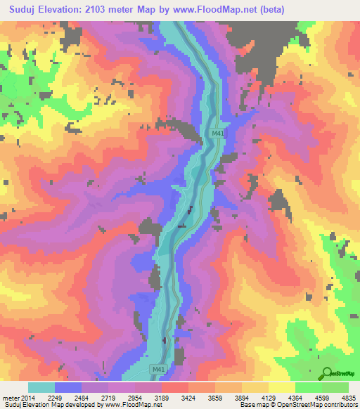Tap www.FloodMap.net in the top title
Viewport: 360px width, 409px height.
click(237, 9)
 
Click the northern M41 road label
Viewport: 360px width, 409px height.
click(218, 132)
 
